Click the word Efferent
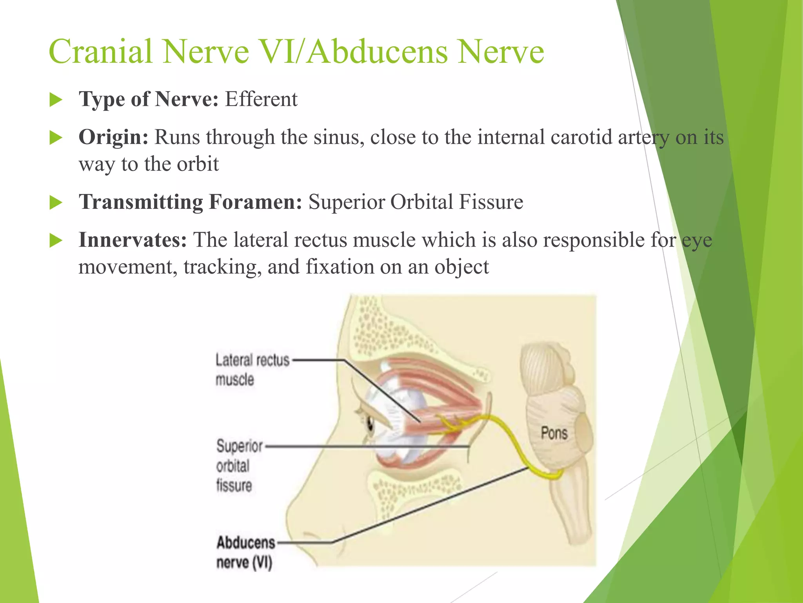point(261,99)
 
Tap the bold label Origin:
point(113,137)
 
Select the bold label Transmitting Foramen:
point(190,202)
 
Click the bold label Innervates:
point(133,240)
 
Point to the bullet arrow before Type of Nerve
point(56,100)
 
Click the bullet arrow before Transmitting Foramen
point(56,203)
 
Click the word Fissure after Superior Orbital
point(491,202)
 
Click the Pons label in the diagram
point(554,433)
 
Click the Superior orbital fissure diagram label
point(238,466)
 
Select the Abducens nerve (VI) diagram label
point(245,552)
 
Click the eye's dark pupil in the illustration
point(370,423)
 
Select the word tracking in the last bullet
point(222,267)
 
